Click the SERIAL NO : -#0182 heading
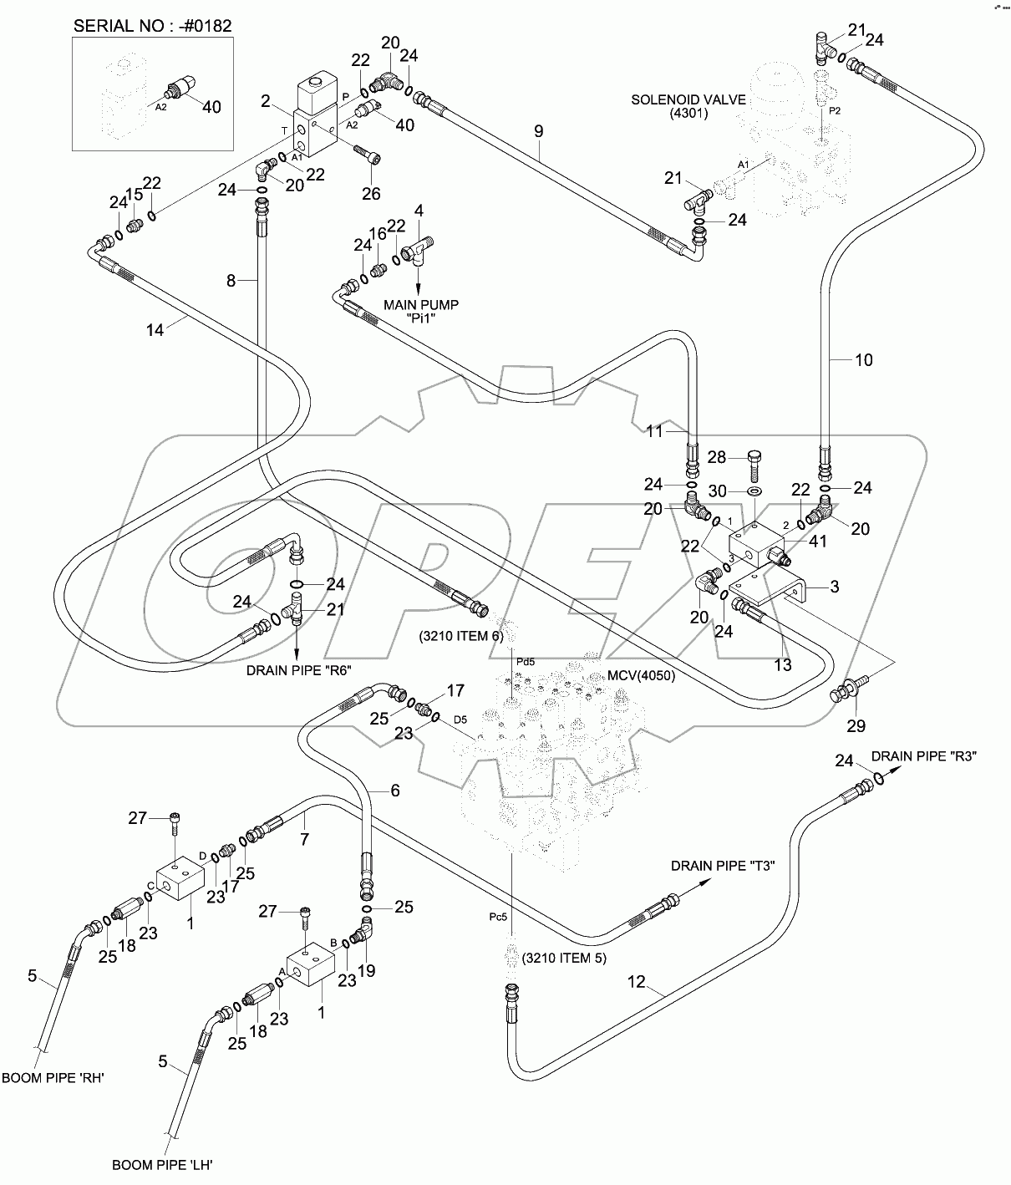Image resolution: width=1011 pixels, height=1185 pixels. (153, 25)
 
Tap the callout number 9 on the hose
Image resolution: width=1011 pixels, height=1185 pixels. (539, 131)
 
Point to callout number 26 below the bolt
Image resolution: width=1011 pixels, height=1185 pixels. (370, 193)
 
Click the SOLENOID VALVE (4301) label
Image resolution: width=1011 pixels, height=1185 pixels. (669, 106)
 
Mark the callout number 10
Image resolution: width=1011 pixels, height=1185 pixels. (863, 360)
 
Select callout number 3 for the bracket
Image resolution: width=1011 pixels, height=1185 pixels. (834, 587)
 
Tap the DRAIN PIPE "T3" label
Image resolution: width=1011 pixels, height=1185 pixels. (724, 866)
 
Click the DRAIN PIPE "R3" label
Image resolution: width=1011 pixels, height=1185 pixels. (924, 755)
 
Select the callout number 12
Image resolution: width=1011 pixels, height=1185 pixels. (637, 982)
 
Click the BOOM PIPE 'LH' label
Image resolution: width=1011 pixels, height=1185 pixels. (170, 1163)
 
